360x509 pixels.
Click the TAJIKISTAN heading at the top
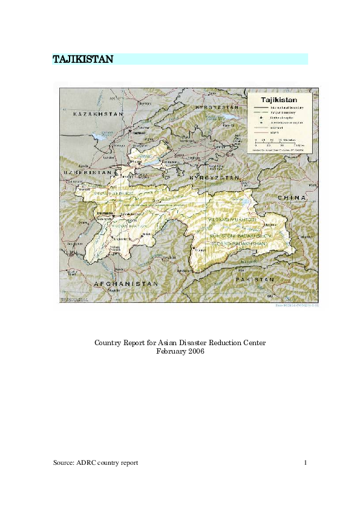(82, 59)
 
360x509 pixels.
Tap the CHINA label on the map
(293, 198)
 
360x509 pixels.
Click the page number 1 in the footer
(306, 462)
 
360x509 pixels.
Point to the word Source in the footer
(64, 462)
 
